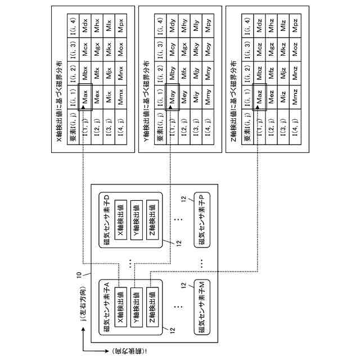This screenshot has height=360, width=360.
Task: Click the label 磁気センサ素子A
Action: pos(106,306)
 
